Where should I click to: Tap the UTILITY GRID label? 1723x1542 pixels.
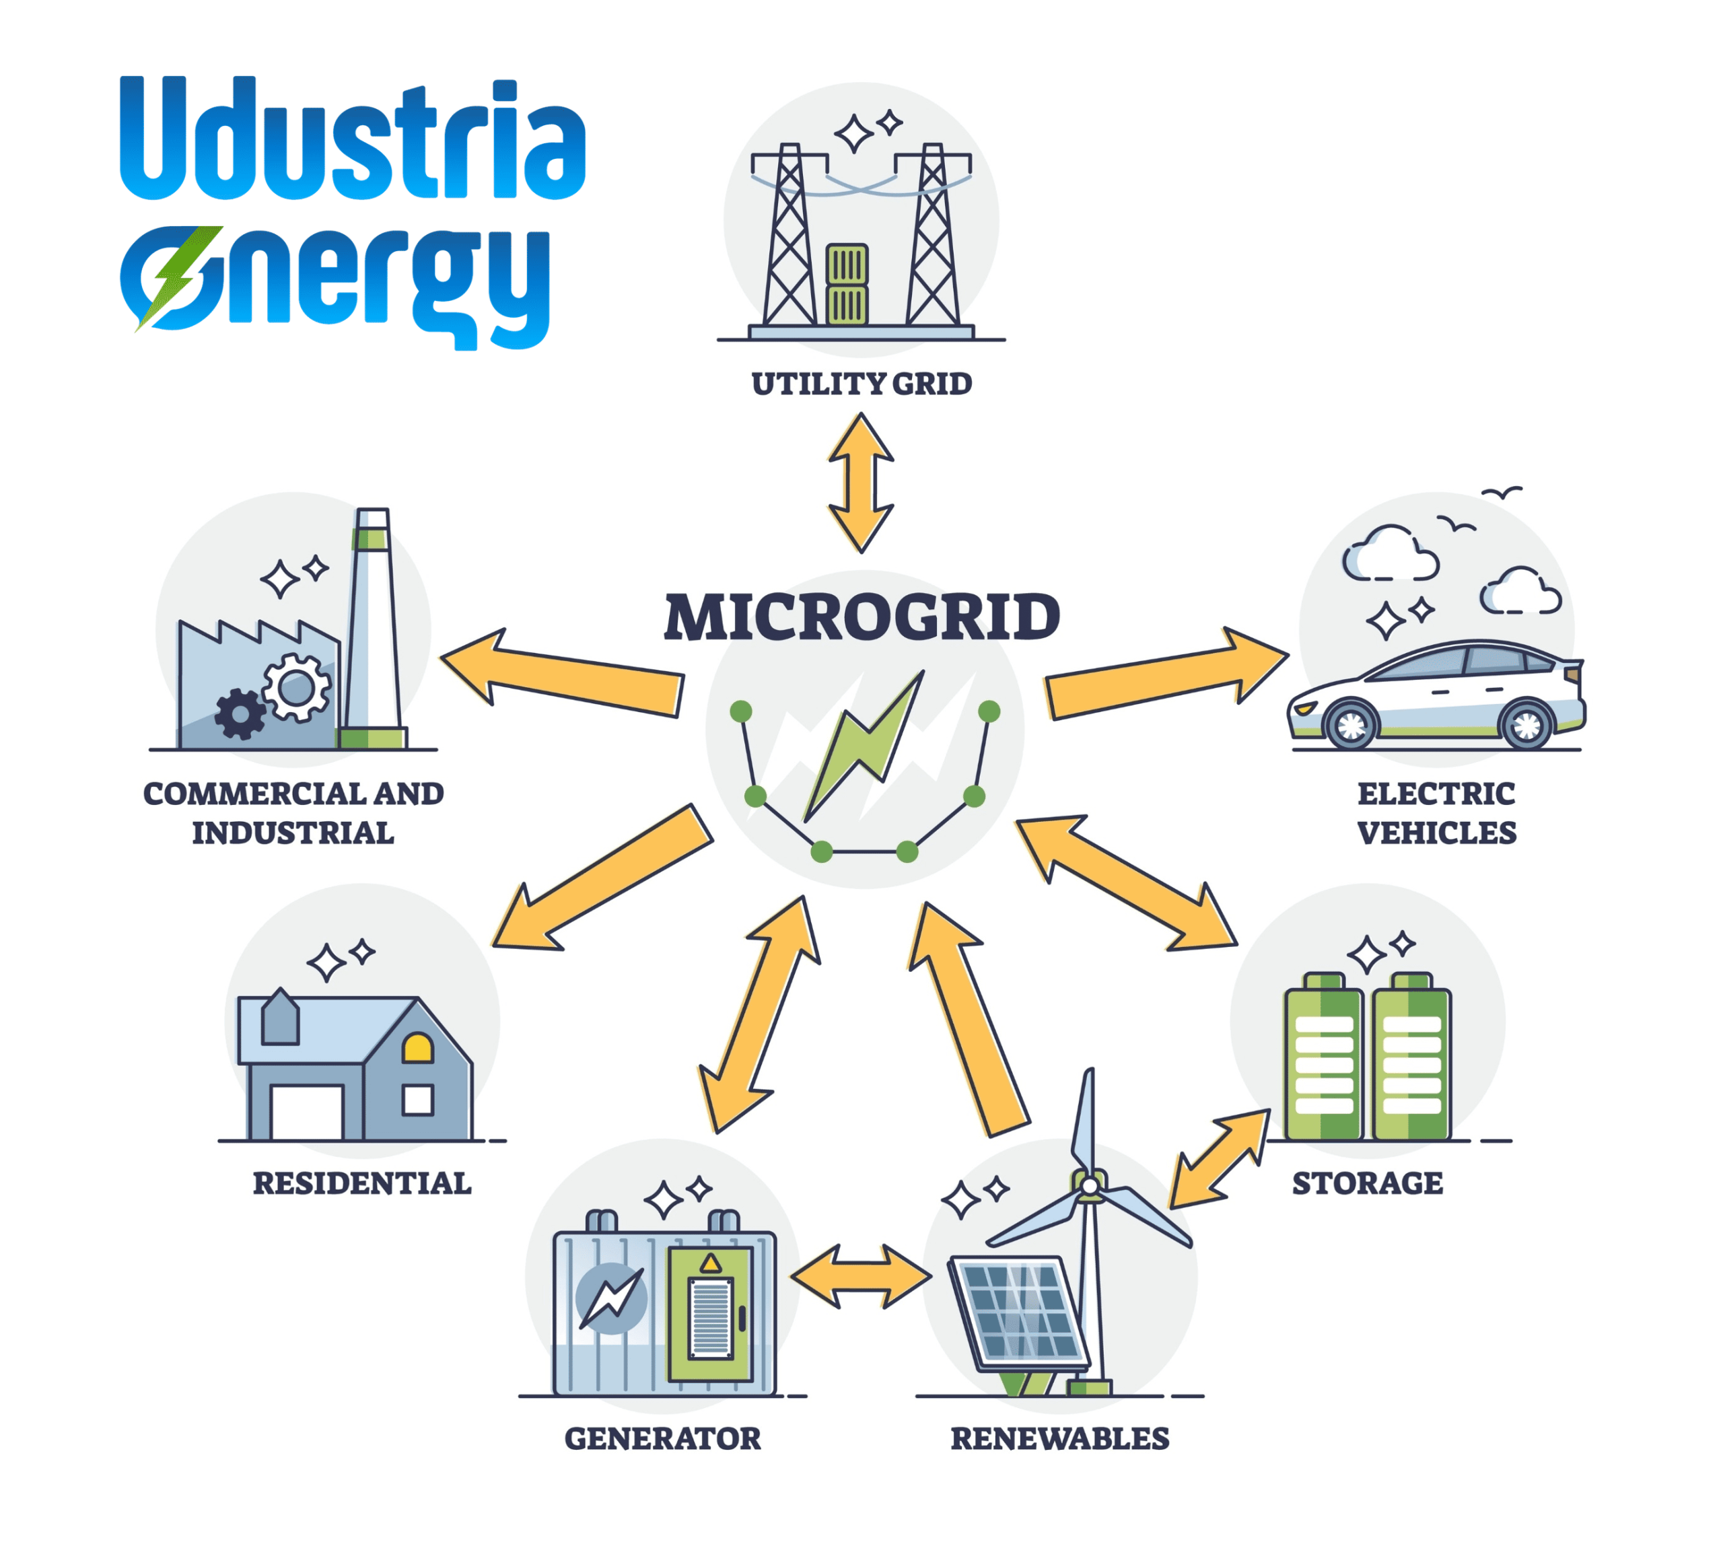861,384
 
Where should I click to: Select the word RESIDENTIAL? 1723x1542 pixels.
361,1183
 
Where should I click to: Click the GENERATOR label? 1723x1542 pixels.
662,1438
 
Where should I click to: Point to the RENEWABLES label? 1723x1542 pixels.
1060,1438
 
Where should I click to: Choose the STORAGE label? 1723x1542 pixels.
1367,1183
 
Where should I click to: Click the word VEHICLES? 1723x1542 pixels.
1437,833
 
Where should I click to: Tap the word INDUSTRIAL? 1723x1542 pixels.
293,833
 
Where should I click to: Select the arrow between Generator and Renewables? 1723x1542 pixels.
861,1276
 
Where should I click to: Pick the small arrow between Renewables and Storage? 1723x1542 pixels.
1219,1159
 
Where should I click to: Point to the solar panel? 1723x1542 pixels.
1019,1313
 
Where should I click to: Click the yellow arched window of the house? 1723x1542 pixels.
417,1048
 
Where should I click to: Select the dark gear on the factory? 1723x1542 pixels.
240,714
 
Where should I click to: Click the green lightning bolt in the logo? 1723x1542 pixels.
179,278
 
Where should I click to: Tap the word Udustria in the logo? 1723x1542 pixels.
353,139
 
